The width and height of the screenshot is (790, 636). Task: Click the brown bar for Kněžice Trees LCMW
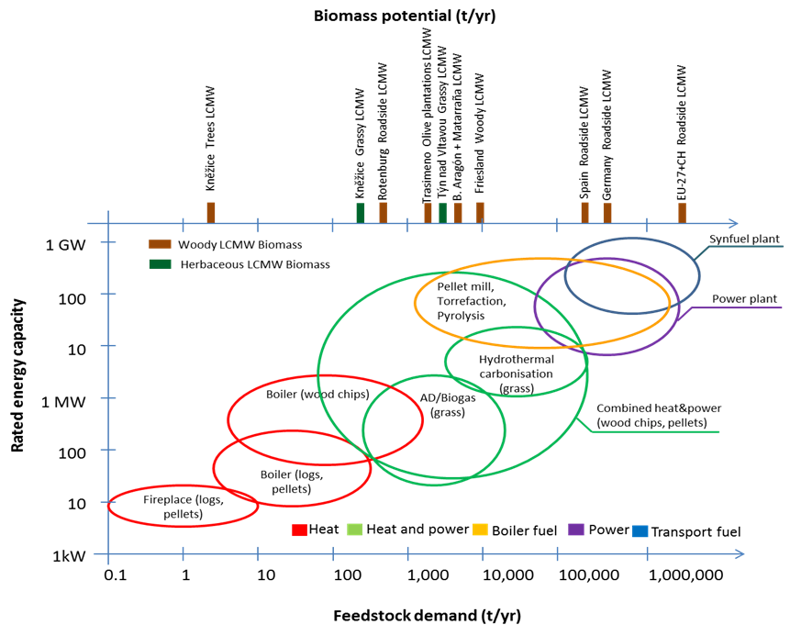pyautogui.click(x=211, y=213)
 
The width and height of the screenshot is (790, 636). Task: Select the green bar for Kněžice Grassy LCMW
pyautogui.click(x=361, y=213)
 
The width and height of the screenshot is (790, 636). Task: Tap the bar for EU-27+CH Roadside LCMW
pyautogui.click(x=682, y=213)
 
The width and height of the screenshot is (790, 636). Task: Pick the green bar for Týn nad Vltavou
pyautogui.click(x=443, y=213)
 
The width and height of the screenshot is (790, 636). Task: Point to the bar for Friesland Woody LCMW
pyautogui.click(x=480, y=213)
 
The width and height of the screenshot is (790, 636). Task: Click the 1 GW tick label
pyautogui.click(x=65, y=245)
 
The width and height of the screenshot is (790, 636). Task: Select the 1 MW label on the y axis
pyautogui.click(x=63, y=402)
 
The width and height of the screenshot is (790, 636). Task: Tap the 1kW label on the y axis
pyautogui.click(x=69, y=555)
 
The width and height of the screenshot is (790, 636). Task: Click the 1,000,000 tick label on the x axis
pyautogui.click(x=685, y=575)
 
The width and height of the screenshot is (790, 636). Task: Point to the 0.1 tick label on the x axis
pyautogui.click(x=116, y=575)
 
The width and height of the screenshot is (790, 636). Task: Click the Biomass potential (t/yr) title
pyautogui.click(x=405, y=16)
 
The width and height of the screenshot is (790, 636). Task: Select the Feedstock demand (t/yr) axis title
pyautogui.click(x=427, y=615)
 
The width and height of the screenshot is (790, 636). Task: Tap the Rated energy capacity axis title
pyautogui.click(x=17, y=375)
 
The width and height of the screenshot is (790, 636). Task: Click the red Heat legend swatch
pyautogui.click(x=299, y=530)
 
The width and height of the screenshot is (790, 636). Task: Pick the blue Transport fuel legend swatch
pyautogui.click(x=640, y=531)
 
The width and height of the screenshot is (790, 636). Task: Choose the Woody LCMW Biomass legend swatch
pyautogui.click(x=160, y=244)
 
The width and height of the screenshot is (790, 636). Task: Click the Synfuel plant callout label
pyautogui.click(x=744, y=239)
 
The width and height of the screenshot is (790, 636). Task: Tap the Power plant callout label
pyautogui.click(x=744, y=299)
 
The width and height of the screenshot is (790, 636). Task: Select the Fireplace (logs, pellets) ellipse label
pyautogui.click(x=184, y=507)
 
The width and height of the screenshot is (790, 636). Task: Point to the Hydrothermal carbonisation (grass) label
pyautogui.click(x=517, y=374)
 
